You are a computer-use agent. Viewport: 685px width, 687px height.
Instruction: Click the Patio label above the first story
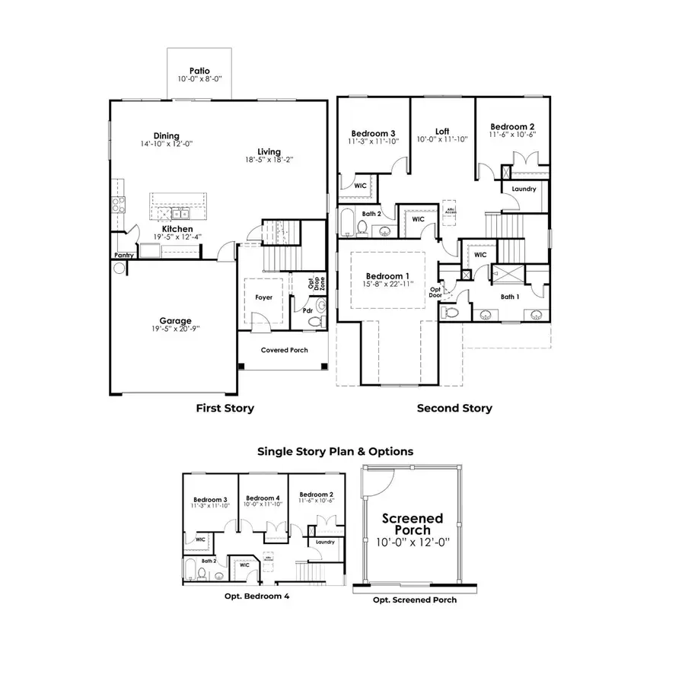tap(199, 70)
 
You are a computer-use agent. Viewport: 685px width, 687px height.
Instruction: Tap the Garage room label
tap(175, 320)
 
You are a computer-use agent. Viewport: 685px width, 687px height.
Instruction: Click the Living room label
tap(268, 151)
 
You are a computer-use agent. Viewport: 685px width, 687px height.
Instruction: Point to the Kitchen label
tap(177, 228)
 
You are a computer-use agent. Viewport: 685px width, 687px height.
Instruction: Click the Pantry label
tap(123, 256)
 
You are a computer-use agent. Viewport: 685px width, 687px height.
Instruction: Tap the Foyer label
tap(263, 297)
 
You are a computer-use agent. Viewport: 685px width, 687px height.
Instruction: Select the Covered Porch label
tap(284, 350)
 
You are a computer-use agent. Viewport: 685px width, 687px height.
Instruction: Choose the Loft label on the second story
tap(441, 131)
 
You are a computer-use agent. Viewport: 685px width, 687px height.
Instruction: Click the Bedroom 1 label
tap(387, 275)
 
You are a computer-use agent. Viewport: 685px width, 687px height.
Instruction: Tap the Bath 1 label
tap(510, 297)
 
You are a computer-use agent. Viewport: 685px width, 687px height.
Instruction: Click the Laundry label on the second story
tap(524, 189)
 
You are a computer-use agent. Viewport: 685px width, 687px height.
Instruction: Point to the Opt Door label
tap(435, 292)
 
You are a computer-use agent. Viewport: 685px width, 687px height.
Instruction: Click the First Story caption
tap(225, 409)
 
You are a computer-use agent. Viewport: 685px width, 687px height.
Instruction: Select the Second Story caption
tap(454, 409)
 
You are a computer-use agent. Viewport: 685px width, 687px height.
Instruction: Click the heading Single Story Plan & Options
tap(335, 451)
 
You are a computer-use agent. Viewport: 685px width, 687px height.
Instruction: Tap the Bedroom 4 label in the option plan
tap(263, 498)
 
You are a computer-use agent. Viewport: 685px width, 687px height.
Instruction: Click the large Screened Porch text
tap(413, 524)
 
